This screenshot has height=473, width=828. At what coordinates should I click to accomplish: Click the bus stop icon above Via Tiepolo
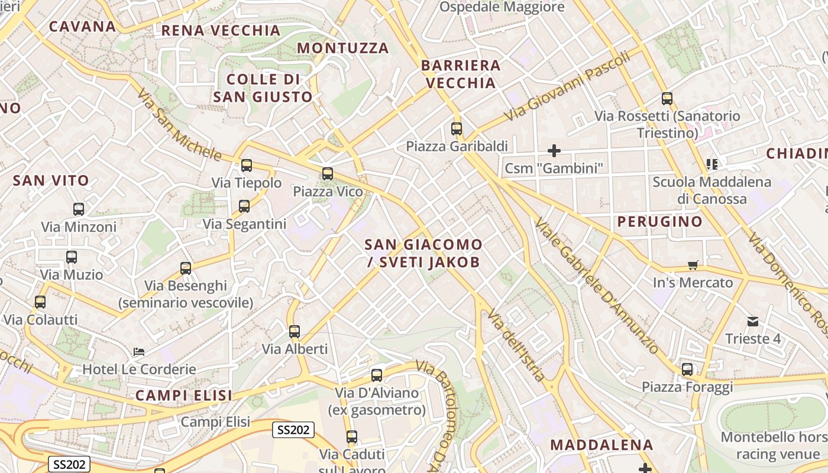pos(247,166)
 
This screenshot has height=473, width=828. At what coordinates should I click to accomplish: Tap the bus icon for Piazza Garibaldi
pos(457,128)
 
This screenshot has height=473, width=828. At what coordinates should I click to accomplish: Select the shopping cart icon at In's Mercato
pos(693,265)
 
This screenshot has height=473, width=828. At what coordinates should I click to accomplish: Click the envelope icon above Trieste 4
pos(753,322)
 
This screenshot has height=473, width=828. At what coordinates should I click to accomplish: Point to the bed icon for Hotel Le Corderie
pos(139,352)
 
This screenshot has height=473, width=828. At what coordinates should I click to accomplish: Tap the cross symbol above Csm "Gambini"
pos(554,151)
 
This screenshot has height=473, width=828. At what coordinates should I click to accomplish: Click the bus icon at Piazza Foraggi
pos(687,370)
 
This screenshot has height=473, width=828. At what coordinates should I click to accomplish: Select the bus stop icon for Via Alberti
pos(295,332)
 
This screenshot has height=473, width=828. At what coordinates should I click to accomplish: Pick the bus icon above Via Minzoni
pos(79,209)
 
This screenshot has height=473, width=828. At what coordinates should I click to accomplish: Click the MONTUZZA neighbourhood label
pos(343,48)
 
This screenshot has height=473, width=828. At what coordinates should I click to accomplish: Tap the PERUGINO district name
pos(660,222)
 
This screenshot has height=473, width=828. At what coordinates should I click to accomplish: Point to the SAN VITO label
pos(51,180)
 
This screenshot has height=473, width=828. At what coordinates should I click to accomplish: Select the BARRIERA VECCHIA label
pos(461,74)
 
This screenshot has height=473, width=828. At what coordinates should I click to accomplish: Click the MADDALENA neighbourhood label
pos(601,445)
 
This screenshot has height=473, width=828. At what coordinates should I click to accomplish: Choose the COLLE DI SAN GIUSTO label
pos(263,88)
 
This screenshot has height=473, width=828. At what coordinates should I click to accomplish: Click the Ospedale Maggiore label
pos(502,7)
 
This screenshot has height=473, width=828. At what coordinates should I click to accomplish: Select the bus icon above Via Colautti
pos(40,302)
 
